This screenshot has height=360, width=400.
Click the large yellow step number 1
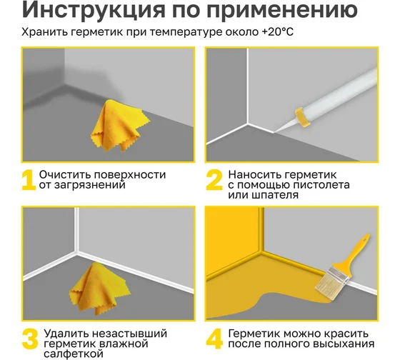pyautogui.click(x=28, y=180)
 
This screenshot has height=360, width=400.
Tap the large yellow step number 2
pyautogui.click(x=214, y=180)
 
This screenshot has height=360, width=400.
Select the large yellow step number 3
pyautogui.click(x=30, y=339)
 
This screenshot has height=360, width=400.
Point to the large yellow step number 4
pyautogui.click(x=214, y=339)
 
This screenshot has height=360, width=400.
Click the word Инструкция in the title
pyautogui.click(x=94, y=10)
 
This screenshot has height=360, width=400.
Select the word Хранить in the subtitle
pyautogui.click(x=44, y=32)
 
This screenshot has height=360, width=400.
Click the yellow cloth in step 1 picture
pyautogui.click(x=117, y=126)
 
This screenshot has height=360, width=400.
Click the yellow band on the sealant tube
pyautogui.click(x=303, y=117)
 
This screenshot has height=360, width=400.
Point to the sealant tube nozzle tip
pyautogui.click(x=274, y=132)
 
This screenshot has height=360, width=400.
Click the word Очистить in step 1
pyautogui.click(x=65, y=175)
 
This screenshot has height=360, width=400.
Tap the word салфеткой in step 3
pyautogui.click(x=74, y=354)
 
